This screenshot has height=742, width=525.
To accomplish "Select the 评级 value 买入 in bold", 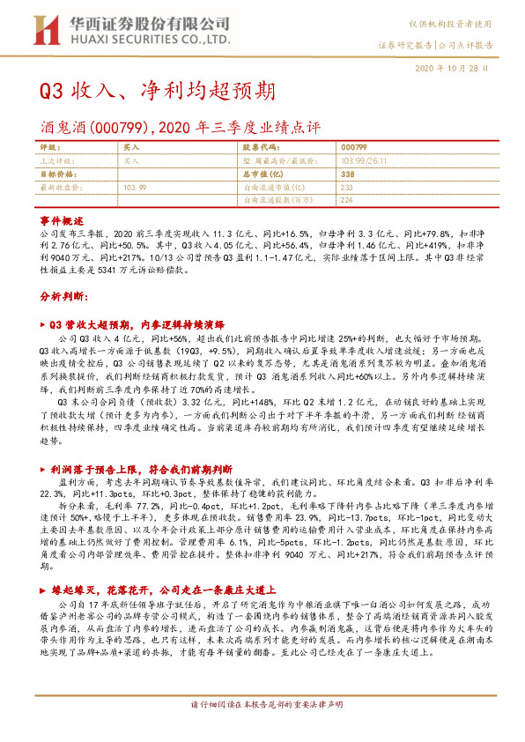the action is tap(130, 150).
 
